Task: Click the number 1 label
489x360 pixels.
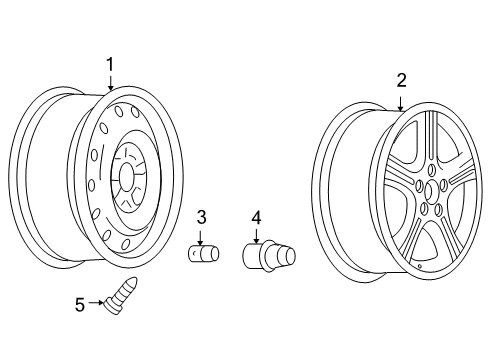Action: point(110,65)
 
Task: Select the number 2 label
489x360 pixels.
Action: point(400,80)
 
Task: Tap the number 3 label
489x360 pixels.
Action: point(201,217)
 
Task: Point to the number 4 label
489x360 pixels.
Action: point(256,217)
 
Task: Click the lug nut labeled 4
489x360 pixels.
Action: point(268,257)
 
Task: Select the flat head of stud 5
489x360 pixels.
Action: point(111,303)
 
